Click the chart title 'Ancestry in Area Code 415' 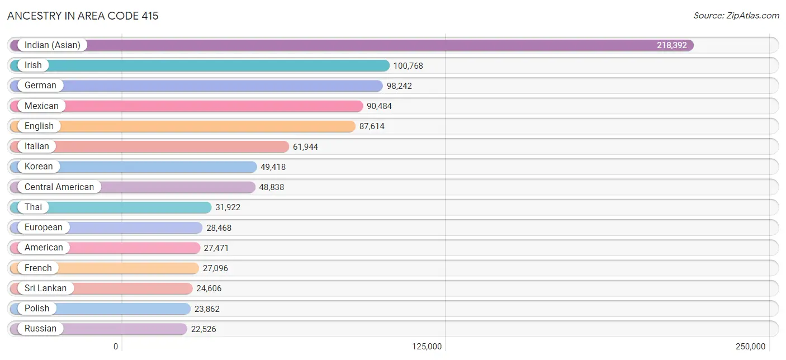point(83,16)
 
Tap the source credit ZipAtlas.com point(736,16)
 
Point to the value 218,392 point(671,45)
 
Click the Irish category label point(33,65)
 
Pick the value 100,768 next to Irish point(408,66)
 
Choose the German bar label point(40,86)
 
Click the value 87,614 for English point(372,126)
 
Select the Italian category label point(37,146)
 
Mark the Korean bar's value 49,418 point(273,167)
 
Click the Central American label point(59,187)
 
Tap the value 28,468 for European point(219,228)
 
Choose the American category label point(44,248)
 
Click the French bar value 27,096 point(215,268)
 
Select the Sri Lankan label point(45,288)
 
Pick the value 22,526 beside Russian point(203,329)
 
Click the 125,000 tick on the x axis point(427,347)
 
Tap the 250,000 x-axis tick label point(751,347)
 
